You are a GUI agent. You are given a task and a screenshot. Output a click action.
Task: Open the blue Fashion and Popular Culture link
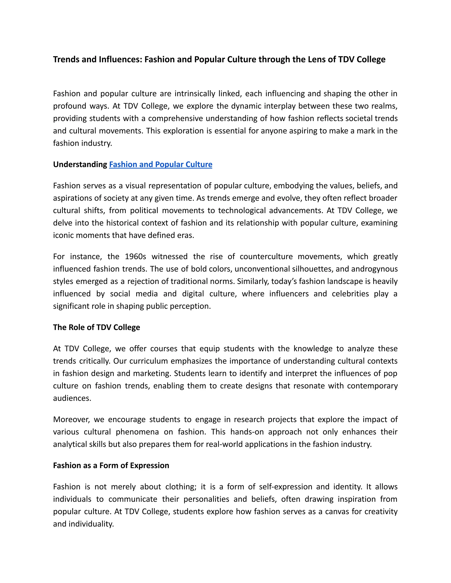(x=161, y=164)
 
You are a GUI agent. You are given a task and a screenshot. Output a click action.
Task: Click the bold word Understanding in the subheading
(x=80, y=164)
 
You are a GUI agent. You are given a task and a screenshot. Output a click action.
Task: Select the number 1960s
(x=135, y=257)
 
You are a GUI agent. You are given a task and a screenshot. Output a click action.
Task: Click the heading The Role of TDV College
(x=96, y=327)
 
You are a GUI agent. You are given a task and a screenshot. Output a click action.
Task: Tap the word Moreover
(x=72, y=419)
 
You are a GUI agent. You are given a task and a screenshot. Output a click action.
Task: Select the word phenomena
(x=137, y=432)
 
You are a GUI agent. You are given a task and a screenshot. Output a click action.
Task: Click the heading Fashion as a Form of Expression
(x=111, y=465)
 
